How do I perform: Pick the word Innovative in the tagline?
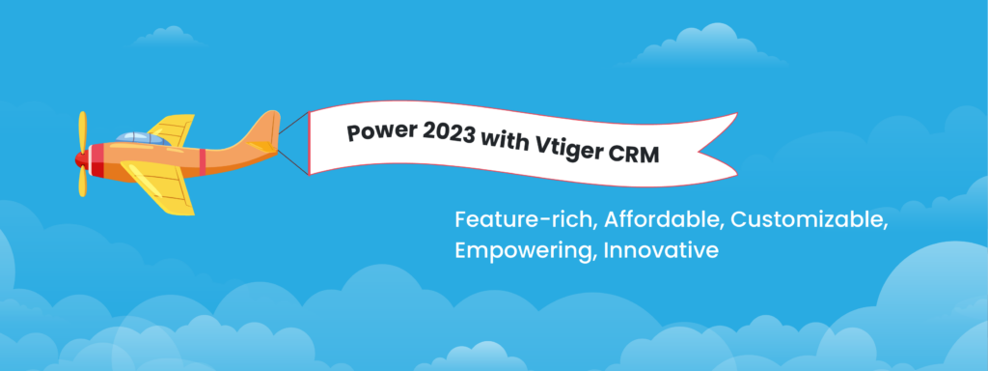pyautogui.click(x=663, y=250)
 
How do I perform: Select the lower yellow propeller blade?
pyautogui.click(x=83, y=182)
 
